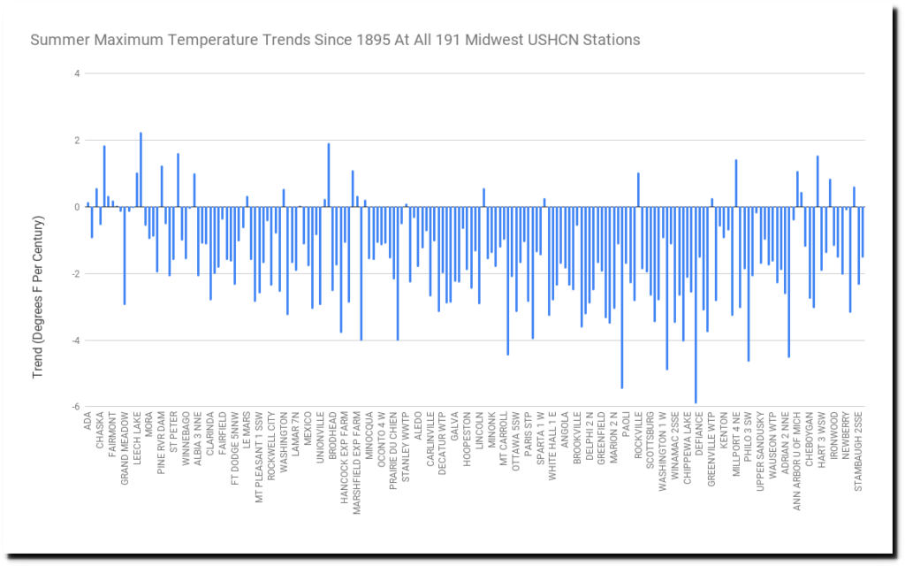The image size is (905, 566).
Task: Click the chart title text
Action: (335, 40)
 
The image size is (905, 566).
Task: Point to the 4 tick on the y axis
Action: (78, 73)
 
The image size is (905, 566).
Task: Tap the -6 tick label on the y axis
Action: (76, 407)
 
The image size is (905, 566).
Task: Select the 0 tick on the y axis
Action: (78, 207)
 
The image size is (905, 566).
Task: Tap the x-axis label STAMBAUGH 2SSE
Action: (857, 447)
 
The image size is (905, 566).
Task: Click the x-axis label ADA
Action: (87, 422)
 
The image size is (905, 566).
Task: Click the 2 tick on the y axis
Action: (78, 140)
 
